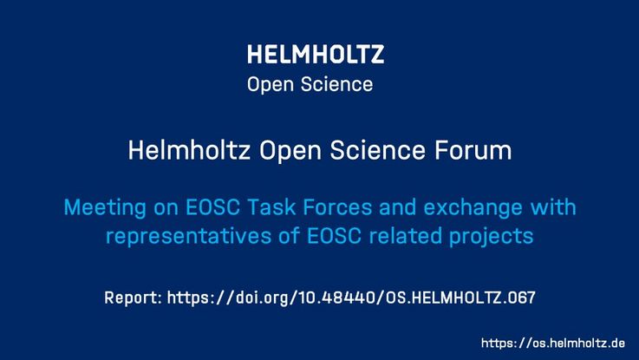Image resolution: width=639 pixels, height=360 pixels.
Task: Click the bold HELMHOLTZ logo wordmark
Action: pyautogui.click(x=316, y=55)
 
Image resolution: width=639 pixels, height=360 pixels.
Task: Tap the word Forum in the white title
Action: pyautogui.click(x=473, y=150)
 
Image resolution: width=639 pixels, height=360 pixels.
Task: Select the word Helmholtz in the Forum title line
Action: pyautogui.click(x=189, y=150)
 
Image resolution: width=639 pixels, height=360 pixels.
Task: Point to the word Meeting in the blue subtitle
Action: pyautogui.click(x=105, y=208)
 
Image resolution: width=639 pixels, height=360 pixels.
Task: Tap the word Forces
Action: pyautogui.click(x=337, y=207)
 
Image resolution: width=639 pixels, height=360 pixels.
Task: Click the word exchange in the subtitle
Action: pyautogui.click(x=473, y=208)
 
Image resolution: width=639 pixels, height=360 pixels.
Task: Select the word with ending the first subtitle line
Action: pyautogui.click(x=553, y=206)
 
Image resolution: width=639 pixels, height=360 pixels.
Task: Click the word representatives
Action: pyautogui.click(x=189, y=237)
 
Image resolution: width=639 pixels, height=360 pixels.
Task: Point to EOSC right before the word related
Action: pyautogui.click(x=334, y=236)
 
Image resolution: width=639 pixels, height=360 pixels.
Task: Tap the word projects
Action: pyautogui.click(x=492, y=237)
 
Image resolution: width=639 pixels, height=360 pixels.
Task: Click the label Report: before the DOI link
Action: pyautogui.click(x=134, y=298)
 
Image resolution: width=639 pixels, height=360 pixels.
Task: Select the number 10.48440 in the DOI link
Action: pyautogui.click(x=336, y=298)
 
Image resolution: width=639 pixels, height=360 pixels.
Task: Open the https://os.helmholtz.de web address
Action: pyautogui.click(x=553, y=343)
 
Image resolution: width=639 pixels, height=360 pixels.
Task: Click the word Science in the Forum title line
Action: pyautogui.click(x=377, y=150)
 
